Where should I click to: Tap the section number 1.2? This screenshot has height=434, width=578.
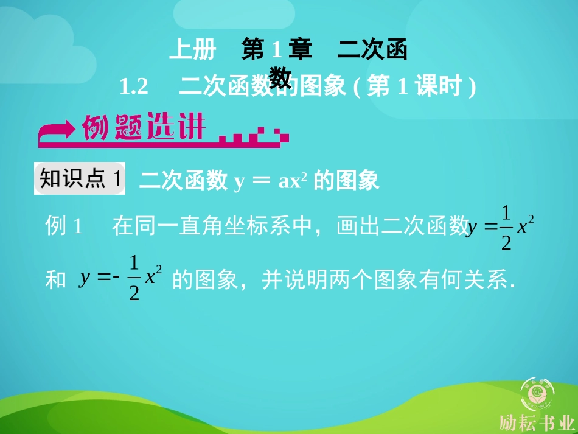pyautogui.click(x=134, y=87)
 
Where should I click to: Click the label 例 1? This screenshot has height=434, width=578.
pyautogui.click(x=63, y=227)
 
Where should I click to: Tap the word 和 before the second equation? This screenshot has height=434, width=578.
pyautogui.click(x=56, y=280)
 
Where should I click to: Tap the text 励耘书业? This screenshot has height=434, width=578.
pyautogui.click(x=537, y=422)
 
